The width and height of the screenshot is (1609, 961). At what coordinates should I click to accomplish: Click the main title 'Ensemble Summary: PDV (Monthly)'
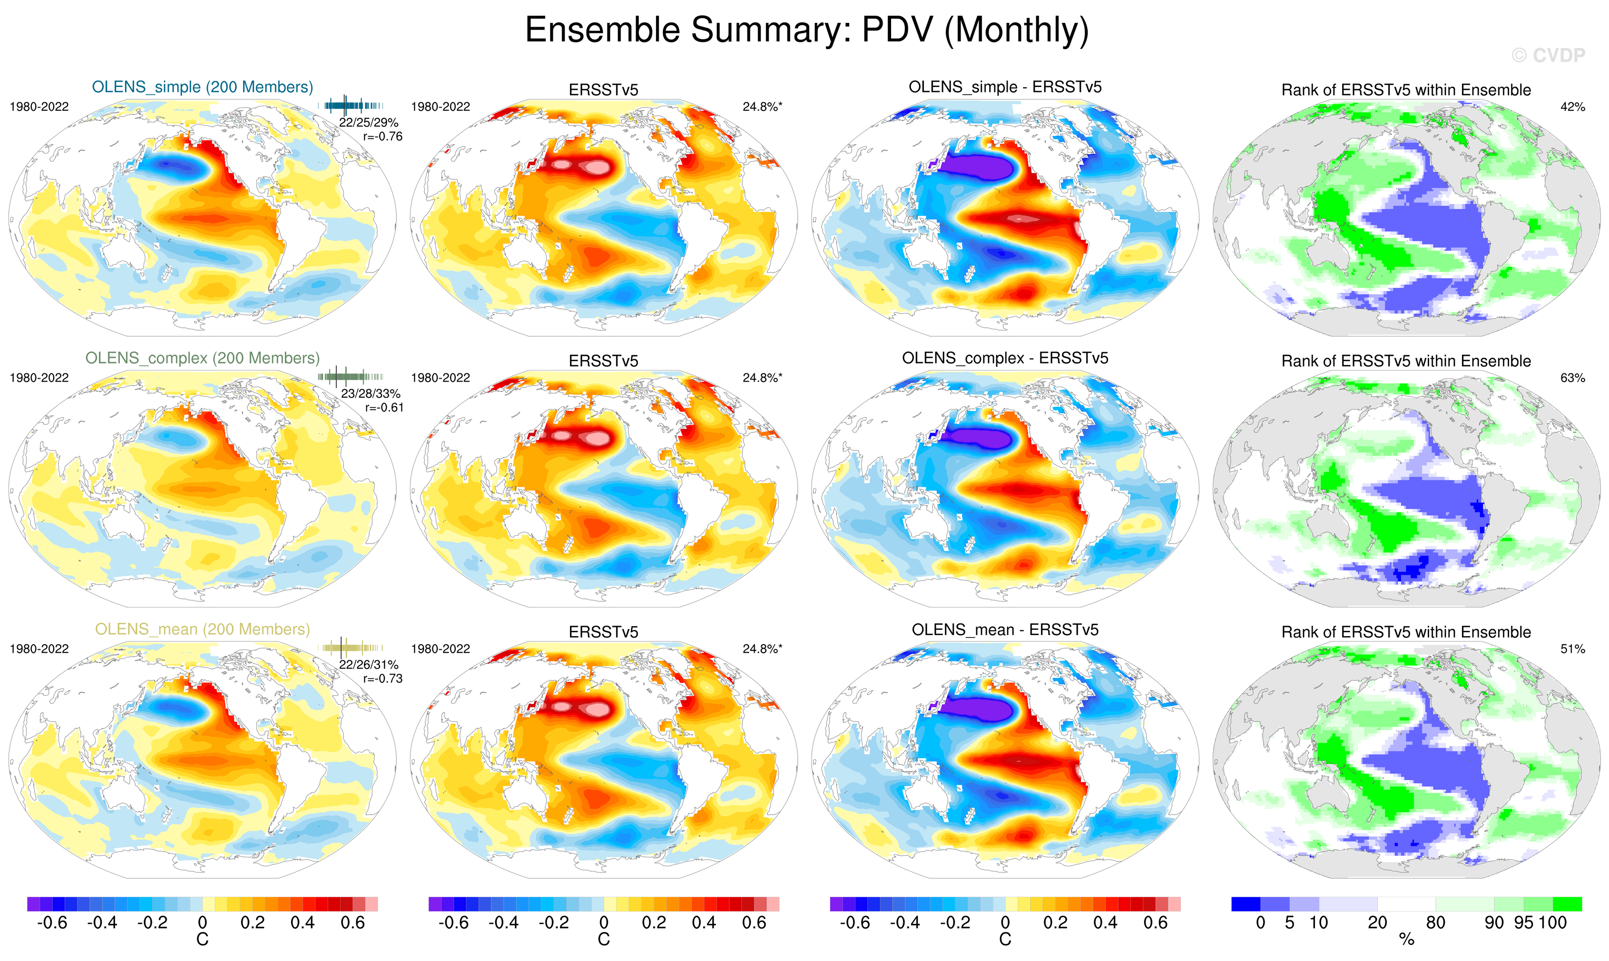click(x=806, y=30)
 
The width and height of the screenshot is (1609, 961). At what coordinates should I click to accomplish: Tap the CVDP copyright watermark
click(x=1548, y=56)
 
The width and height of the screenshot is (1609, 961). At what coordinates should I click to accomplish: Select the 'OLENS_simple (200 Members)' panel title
click(x=202, y=88)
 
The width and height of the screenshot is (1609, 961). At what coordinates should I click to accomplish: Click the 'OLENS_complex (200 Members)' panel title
click(x=202, y=358)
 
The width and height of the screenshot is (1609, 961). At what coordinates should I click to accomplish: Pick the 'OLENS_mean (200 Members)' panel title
click(x=202, y=629)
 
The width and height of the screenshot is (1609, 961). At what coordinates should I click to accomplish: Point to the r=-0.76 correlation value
click(x=383, y=137)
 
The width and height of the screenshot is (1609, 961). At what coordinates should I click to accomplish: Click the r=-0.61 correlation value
click(x=384, y=408)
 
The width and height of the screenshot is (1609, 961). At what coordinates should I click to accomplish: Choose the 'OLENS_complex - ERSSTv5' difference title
click(x=1005, y=358)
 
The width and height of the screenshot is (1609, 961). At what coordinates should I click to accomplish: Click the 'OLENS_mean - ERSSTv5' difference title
click(x=1005, y=629)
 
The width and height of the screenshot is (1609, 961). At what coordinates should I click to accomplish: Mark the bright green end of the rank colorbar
click(x=1568, y=904)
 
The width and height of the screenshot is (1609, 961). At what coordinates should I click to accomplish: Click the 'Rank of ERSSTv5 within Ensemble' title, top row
click(x=1406, y=90)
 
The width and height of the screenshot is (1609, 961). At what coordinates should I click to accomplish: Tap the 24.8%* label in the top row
click(x=762, y=107)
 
